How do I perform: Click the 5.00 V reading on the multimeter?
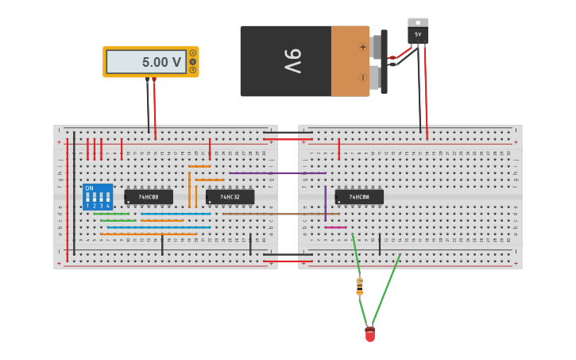161,62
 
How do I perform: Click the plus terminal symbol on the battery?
363,47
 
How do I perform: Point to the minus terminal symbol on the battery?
363,78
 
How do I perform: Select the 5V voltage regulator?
418,31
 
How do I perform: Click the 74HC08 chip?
149,196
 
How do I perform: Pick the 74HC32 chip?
230,196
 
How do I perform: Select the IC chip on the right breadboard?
359,196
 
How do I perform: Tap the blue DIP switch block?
98,197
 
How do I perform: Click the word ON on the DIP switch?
89,188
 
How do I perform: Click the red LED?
370,335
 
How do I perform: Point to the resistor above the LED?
360,285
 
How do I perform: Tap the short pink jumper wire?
335,227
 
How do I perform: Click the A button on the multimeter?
192,53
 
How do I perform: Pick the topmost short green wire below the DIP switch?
111,213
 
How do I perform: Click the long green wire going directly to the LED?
386,289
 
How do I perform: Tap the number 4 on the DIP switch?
107,206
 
